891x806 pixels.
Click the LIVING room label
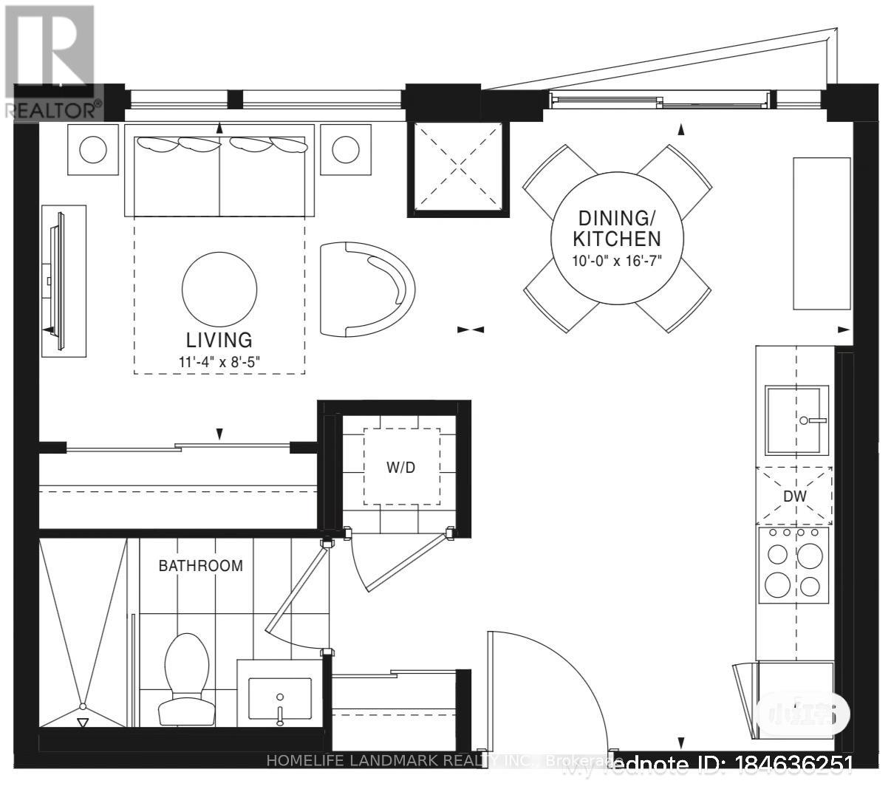219,340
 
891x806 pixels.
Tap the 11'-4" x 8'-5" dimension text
219,362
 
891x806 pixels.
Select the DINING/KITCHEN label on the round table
618,228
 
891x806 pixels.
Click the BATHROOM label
201,566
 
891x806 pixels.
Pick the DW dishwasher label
795,496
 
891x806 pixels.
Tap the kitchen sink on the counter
796,420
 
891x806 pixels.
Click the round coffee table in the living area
219,288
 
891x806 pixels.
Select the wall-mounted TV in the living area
59,281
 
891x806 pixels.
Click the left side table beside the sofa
93,150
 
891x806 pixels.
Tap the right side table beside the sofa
346,150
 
